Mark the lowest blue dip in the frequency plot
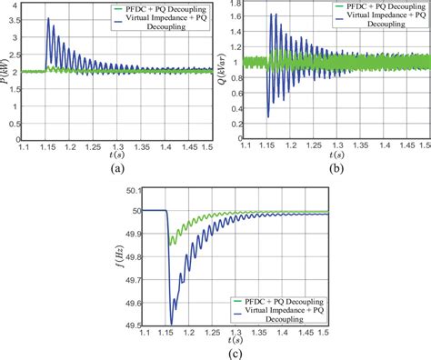coord(171,323)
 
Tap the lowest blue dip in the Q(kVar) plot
coord(267,116)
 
